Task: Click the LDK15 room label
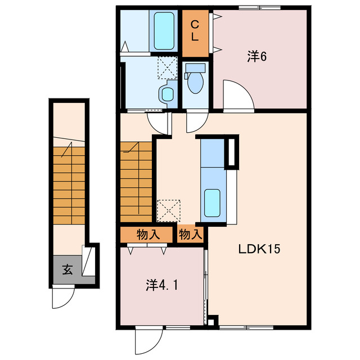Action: point(259,249)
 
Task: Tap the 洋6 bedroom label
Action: point(257,56)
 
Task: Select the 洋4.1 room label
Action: point(162,285)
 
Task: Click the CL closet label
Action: point(195,31)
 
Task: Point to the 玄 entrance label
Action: point(67,269)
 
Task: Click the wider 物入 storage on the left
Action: point(146,235)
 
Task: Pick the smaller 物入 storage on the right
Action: point(190,235)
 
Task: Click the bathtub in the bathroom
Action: point(164,31)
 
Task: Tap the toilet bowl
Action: point(195,83)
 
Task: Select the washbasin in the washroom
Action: point(168,94)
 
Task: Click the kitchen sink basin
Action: point(212,203)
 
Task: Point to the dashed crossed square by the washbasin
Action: point(168,68)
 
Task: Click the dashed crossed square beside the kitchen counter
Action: point(169,211)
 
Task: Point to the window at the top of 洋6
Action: point(259,7)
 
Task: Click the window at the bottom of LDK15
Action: point(246,327)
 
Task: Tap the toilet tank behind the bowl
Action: point(195,68)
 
